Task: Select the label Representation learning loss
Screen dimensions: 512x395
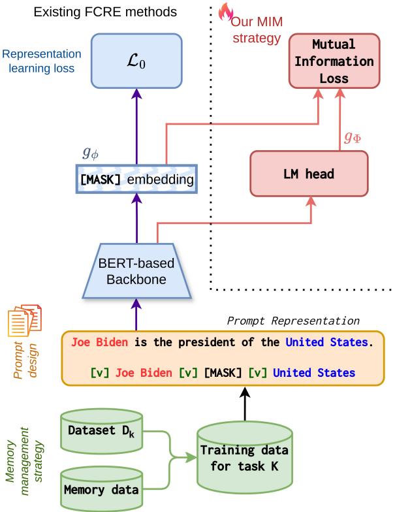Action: pos(41,61)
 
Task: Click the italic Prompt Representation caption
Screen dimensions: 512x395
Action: pos(293,321)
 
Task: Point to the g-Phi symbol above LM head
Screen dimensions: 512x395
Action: pos(353,137)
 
